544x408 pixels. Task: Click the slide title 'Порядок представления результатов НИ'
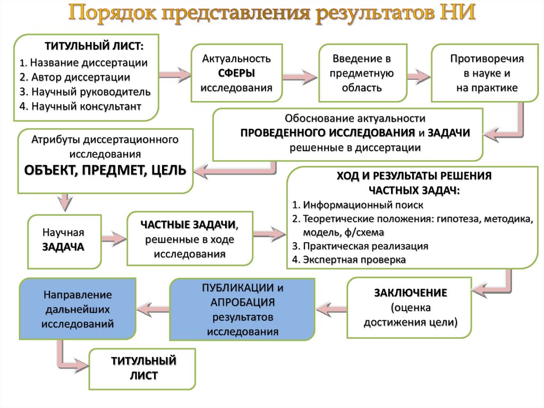click(271, 13)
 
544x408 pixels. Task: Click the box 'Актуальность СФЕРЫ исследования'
click(236, 73)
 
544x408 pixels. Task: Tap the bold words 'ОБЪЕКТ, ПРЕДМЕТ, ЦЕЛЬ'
click(105, 170)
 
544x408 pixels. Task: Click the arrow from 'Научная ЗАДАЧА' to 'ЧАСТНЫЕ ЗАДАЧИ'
click(113, 238)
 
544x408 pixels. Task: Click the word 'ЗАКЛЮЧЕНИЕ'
click(410, 293)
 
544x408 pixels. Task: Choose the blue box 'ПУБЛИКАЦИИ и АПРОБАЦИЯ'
click(242, 310)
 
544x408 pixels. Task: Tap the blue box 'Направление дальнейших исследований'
click(78, 309)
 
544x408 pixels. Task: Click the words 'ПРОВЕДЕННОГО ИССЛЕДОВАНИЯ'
click(327, 132)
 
